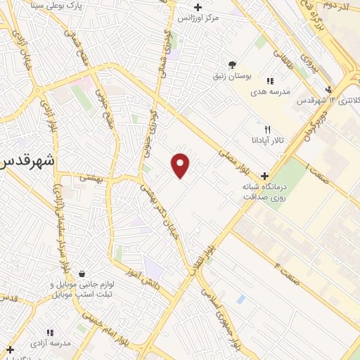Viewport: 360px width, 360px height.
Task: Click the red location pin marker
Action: coord(181,165)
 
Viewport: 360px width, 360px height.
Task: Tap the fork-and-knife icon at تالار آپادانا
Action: coord(267,129)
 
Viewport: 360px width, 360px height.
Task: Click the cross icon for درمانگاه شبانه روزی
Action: coord(264,176)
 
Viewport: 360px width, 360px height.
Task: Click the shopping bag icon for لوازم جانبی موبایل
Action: coord(82,274)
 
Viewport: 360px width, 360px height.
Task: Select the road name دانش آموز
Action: coord(143,276)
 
